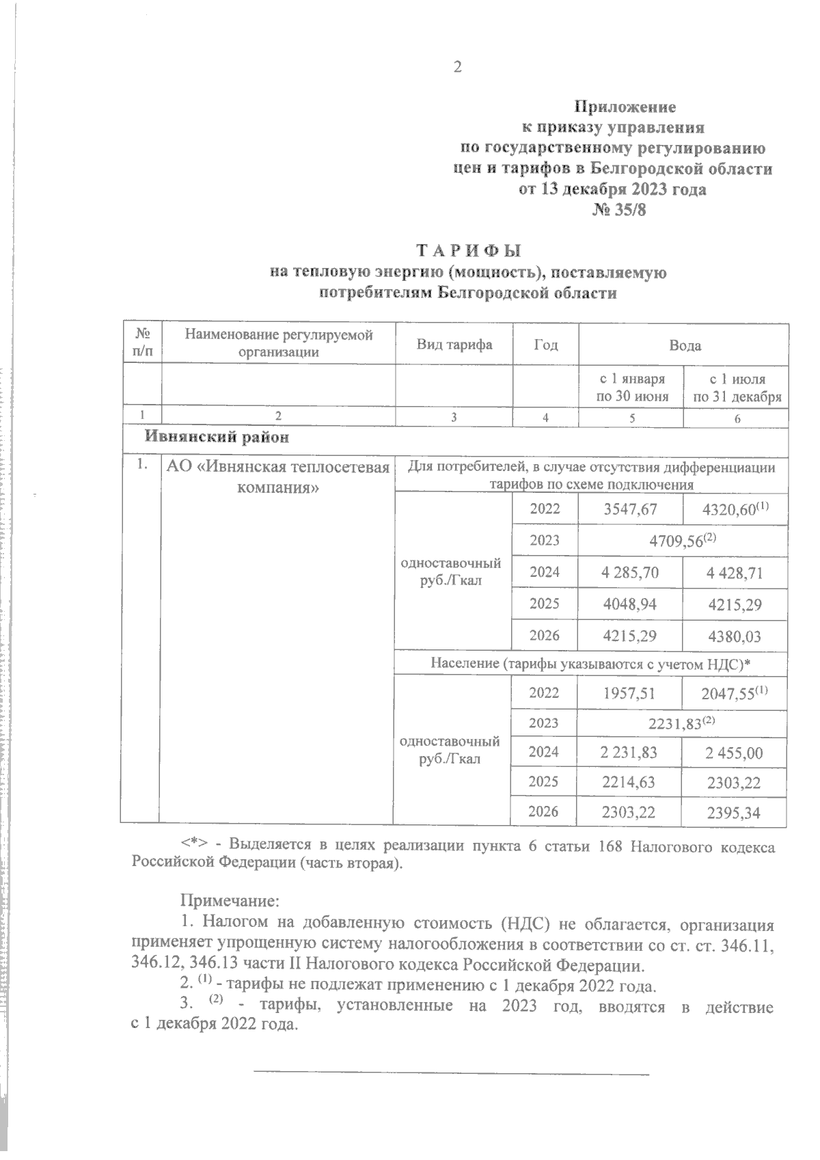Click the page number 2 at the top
[x=457, y=67]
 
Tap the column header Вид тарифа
[x=454, y=345]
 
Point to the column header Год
[x=545, y=345]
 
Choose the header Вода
[x=685, y=345]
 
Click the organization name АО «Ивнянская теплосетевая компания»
[x=278, y=476]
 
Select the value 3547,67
[x=630, y=509]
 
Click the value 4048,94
[x=630, y=604]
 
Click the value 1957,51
[x=630, y=694]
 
